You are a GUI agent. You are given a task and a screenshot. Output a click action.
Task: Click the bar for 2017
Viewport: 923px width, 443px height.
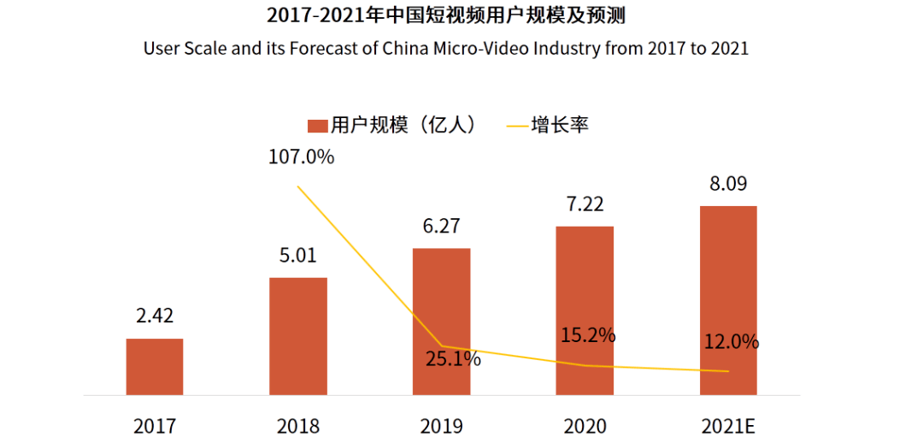click(x=155, y=367)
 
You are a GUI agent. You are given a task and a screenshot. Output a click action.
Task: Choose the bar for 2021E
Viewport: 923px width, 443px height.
click(x=728, y=300)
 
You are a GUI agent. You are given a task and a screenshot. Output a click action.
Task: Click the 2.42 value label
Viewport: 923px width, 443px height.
click(x=155, y=316)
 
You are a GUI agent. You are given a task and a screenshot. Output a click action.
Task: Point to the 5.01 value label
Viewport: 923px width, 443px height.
click(x=298, y=255)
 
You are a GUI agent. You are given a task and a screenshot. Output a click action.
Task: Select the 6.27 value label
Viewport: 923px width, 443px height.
click(x=441, y=226)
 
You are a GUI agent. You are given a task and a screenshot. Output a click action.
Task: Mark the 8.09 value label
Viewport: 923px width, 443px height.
click(x=728, y=183)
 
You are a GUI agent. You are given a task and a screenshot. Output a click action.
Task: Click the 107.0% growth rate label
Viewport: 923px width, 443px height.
click(x=298, y=157)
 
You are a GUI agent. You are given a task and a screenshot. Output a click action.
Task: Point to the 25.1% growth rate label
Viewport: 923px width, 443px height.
click(x=453, y=359)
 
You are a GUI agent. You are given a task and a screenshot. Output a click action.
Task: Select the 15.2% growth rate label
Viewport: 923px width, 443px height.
click(x=588, y=335)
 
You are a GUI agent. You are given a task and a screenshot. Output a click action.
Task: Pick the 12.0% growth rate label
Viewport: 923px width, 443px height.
click(x=732, y=342)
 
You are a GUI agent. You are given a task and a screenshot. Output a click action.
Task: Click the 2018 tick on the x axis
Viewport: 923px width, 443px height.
click(x=298, y=425)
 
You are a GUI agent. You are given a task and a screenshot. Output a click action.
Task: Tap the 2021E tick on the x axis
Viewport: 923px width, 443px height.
click(x=728, y=425)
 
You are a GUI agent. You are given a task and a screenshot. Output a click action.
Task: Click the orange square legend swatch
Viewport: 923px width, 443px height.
click(x=318, y=126)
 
